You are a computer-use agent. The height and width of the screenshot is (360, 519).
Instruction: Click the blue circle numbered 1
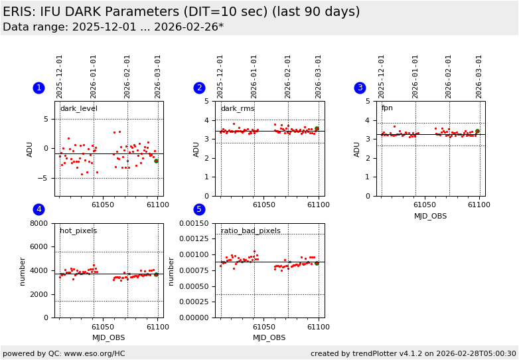(38, 88)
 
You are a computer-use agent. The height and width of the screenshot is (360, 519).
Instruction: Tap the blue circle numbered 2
(199, 88)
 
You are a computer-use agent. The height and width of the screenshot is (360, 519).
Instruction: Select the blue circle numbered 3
(360, 88)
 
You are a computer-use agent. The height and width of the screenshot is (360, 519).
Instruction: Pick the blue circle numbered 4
(38, 210)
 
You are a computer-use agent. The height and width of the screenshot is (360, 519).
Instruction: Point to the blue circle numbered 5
(199, 210)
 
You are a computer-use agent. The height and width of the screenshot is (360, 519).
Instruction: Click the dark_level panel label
(78, 109)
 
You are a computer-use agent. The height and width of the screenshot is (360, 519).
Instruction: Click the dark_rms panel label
(238, 109)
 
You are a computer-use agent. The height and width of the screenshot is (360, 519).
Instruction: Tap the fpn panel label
(387, 108)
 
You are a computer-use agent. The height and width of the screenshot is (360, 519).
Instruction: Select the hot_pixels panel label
(78, 231)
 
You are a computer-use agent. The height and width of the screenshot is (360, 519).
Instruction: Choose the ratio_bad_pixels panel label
(250, 231)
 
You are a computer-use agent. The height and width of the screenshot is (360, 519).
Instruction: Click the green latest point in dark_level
(156, 161)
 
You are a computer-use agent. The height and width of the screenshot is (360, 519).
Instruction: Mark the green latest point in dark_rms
(317, 129)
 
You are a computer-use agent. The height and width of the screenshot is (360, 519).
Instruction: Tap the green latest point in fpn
(477, 131)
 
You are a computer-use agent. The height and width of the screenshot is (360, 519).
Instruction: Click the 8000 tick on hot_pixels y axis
(39, 224)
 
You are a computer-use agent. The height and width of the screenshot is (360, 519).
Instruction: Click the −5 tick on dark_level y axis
(44, 178)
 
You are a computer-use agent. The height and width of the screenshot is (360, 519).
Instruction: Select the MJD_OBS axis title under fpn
(430, 216)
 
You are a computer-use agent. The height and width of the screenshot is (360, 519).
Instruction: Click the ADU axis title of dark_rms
(197, 149)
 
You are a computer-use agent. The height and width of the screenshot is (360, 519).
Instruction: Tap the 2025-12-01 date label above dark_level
(60, 76)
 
